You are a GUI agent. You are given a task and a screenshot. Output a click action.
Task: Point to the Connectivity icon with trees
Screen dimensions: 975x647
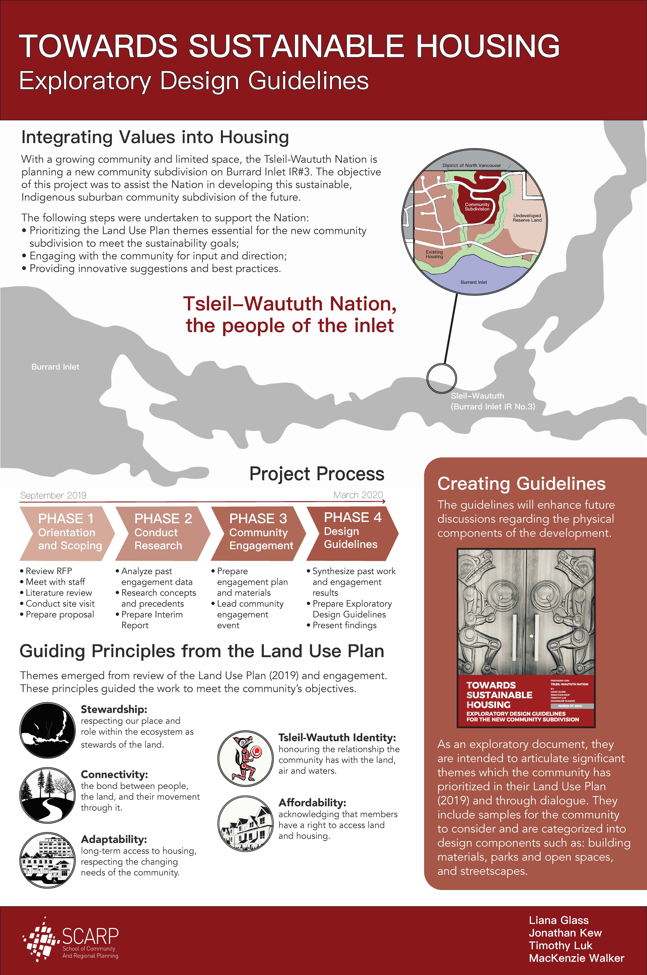[x=47, y=795]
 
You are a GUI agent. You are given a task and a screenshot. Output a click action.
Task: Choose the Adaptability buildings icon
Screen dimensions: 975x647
[x=47, y=860]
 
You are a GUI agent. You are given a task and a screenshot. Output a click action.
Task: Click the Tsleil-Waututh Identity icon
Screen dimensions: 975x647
[x=245, y=758]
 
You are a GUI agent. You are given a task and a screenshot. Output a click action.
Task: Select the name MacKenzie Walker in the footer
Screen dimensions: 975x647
[x=576, y=958]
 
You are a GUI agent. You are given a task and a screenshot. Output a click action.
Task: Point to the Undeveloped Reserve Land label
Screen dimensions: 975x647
[x=527, y=218]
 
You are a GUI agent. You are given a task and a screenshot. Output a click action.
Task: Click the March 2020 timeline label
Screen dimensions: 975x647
[x=358, y=495]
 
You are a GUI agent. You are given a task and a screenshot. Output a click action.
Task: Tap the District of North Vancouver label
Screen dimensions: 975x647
[x=472, y=165]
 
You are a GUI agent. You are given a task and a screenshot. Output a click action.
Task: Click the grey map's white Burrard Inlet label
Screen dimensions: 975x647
[x=55, y=367]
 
